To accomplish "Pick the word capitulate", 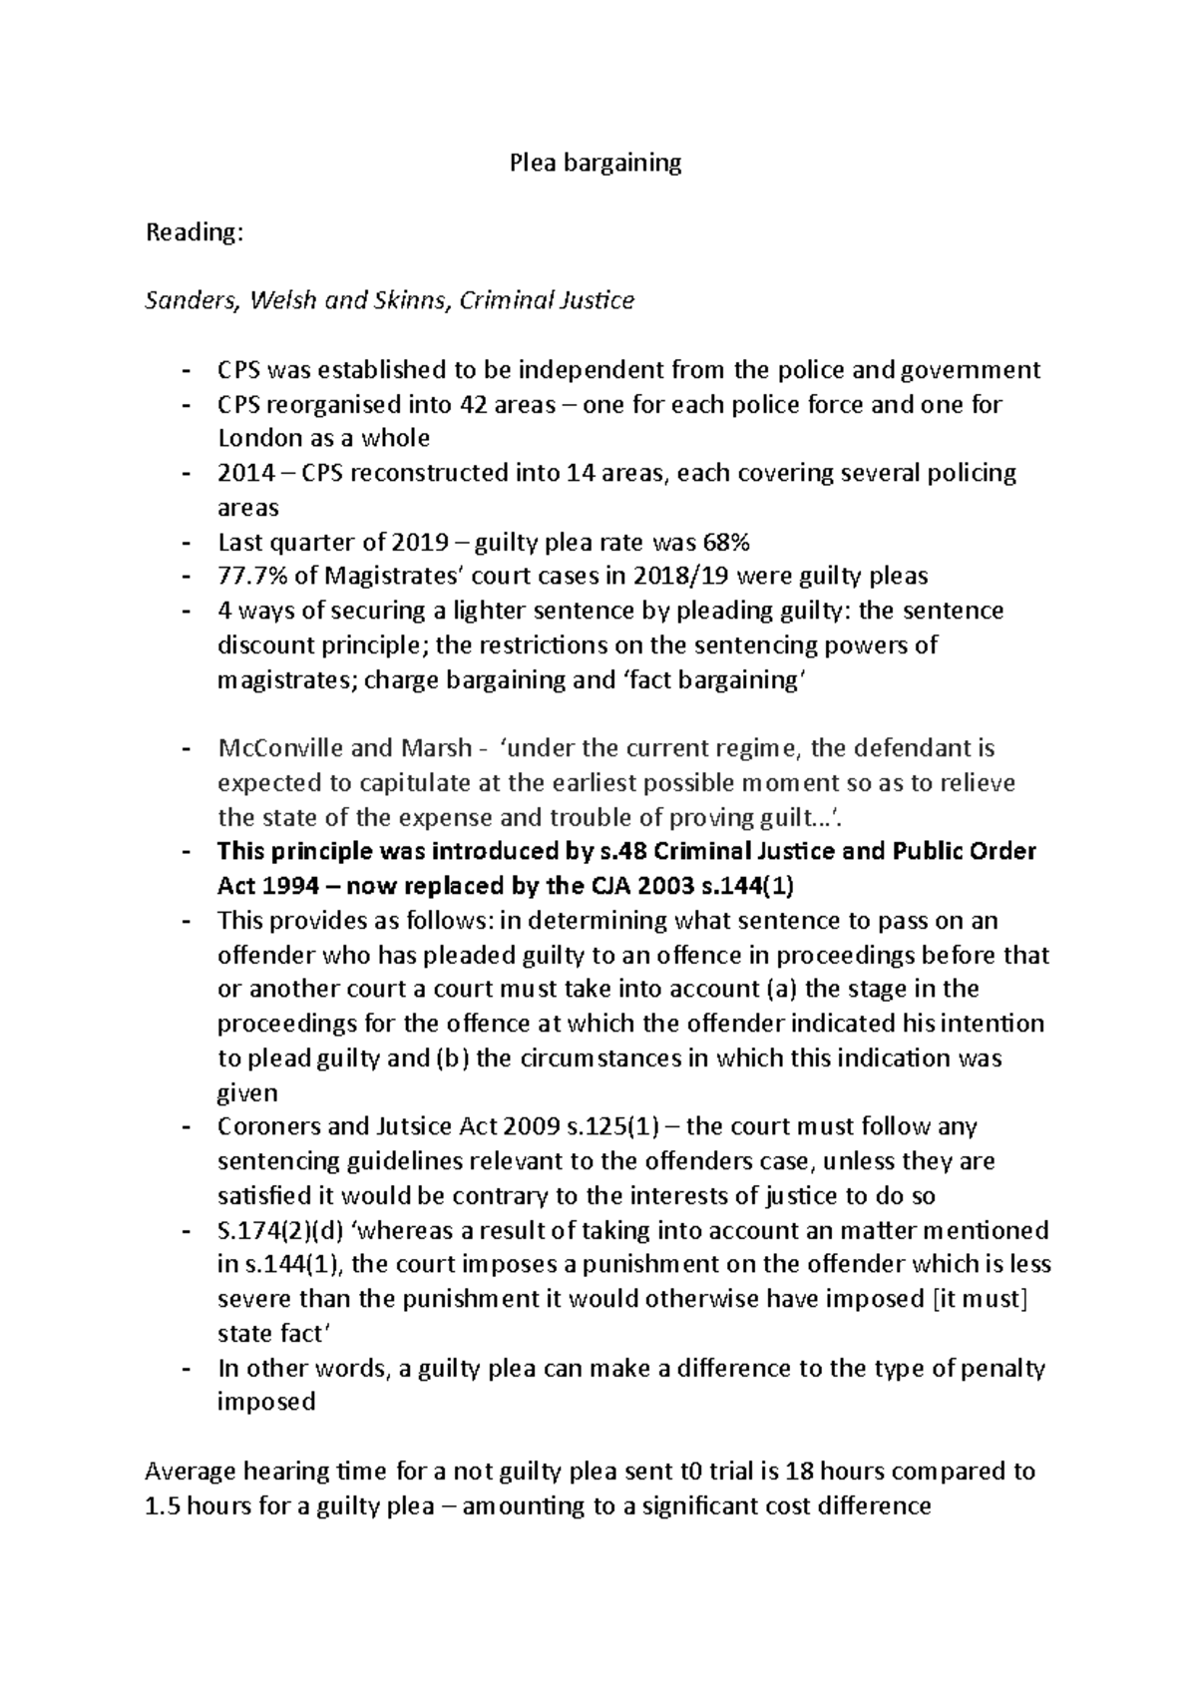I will (x=387, y=783).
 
